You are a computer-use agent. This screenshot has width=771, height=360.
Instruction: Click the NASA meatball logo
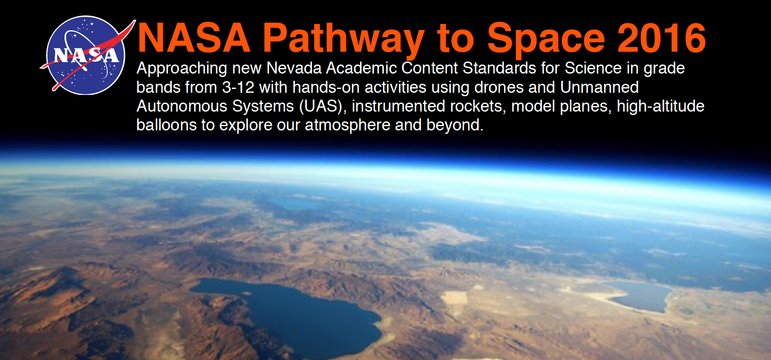(85, 55)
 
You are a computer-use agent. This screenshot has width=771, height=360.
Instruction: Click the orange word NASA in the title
(194, 38)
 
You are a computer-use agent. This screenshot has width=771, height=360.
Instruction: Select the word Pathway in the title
(344, 40)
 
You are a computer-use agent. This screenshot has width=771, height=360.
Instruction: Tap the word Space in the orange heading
(546, 40)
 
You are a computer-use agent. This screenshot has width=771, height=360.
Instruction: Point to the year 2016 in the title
(662, 38)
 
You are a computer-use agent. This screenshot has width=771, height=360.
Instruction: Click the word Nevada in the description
(294, 68)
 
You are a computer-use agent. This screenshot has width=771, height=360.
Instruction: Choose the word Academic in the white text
(362, 68)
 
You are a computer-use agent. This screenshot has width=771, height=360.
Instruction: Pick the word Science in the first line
(593, 68)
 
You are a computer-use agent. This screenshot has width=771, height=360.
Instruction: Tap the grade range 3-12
(238, 87)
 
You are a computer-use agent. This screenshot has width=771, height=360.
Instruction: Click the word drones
(499, 87)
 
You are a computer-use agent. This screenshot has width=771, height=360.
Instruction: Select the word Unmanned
(599, 87)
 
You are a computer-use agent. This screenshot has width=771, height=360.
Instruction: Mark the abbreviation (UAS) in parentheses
(323, 106)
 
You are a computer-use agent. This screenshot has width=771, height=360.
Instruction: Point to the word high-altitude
(661, 106)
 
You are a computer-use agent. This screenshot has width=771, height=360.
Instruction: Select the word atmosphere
(347, 125)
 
